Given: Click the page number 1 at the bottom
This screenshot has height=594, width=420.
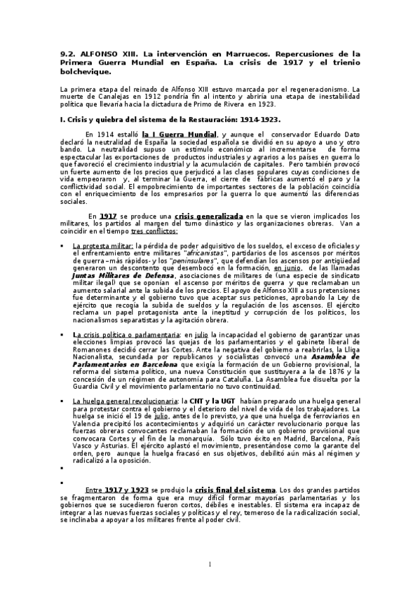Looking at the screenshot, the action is (x=210, y=565).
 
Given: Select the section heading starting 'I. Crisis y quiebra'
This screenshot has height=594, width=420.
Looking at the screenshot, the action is (x=165, y=119).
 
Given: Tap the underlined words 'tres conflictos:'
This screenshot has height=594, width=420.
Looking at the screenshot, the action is (x=154, y=230).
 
